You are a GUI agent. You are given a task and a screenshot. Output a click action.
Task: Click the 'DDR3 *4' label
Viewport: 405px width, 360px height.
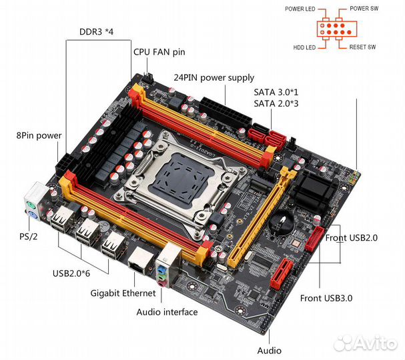click(96, 32)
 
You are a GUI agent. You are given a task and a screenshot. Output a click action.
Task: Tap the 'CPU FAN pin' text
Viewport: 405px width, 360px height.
click(159, 52)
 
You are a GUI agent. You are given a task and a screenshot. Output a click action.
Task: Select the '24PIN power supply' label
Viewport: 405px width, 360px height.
click(214, 78)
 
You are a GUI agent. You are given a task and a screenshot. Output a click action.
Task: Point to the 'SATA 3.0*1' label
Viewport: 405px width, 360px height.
click(276, 92)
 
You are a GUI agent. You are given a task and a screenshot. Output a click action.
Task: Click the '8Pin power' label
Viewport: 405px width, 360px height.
click(39, 135)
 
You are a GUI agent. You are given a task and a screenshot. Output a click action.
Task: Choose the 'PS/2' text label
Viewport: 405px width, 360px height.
click(29, 237)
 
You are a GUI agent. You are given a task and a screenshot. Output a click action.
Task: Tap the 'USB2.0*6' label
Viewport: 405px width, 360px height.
click(71, 273)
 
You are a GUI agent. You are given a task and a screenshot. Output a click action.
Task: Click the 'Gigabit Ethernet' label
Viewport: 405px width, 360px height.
click(123, 293)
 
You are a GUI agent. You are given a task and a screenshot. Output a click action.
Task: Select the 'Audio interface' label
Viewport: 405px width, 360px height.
click(167, 312)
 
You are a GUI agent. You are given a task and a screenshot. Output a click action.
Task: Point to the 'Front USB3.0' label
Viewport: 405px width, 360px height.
click(326, 298)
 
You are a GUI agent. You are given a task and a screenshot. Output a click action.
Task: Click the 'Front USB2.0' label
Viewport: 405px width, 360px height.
click(351, 238)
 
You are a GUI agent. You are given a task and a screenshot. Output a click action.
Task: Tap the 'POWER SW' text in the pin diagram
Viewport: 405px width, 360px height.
click(364, 9)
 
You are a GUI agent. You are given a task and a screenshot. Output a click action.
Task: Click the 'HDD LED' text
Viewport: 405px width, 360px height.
click(304, 47)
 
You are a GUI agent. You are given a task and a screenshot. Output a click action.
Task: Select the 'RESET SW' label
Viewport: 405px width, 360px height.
click(362, 47)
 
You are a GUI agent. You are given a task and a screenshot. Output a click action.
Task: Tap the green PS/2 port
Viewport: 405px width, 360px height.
click(31, 206)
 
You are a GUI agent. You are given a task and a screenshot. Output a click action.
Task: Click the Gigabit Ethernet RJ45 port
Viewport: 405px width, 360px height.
click(141, 259)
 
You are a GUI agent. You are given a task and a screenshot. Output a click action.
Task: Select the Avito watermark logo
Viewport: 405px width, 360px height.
click(365, 343)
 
